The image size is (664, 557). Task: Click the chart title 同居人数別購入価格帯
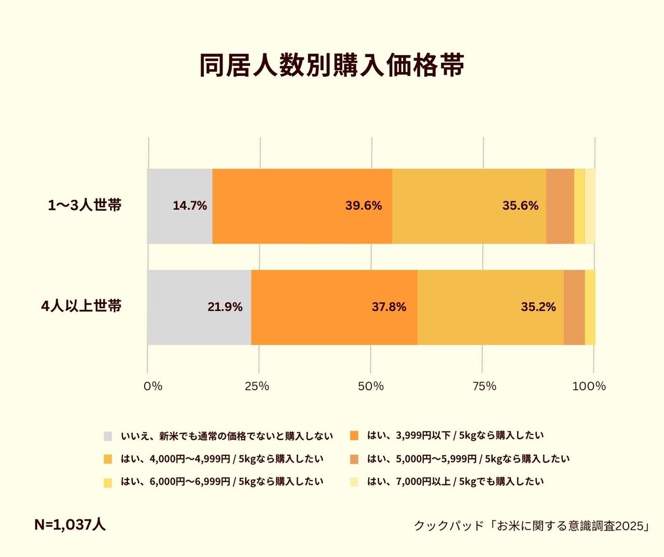coord(331,65)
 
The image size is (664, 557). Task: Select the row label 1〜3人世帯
coord(85,206)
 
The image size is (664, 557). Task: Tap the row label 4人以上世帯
coord(81,306)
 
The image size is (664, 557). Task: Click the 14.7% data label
coord(190,206)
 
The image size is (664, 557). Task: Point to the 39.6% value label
coord(363,206)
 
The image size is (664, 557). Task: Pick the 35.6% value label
coord(520,206)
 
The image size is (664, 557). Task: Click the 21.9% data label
coord(225,307)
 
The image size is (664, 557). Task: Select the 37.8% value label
coord(389,307)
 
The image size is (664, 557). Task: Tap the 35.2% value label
coord(538,307)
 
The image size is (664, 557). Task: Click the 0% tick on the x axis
coord(153,386)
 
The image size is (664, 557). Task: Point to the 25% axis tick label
coord(257,386)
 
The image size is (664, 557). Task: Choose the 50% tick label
coord(371,386)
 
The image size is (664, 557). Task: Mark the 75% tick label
coord(485,386)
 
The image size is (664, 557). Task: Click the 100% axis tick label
coord(589,386)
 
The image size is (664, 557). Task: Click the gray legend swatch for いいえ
coord(108,436)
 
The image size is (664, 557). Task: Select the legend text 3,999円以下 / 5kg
coord(455,436)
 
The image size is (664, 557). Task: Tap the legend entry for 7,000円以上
coord(455,482)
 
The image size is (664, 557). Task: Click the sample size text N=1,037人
coord(70,525)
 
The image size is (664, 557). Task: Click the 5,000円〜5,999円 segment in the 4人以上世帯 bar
coord(574,307)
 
